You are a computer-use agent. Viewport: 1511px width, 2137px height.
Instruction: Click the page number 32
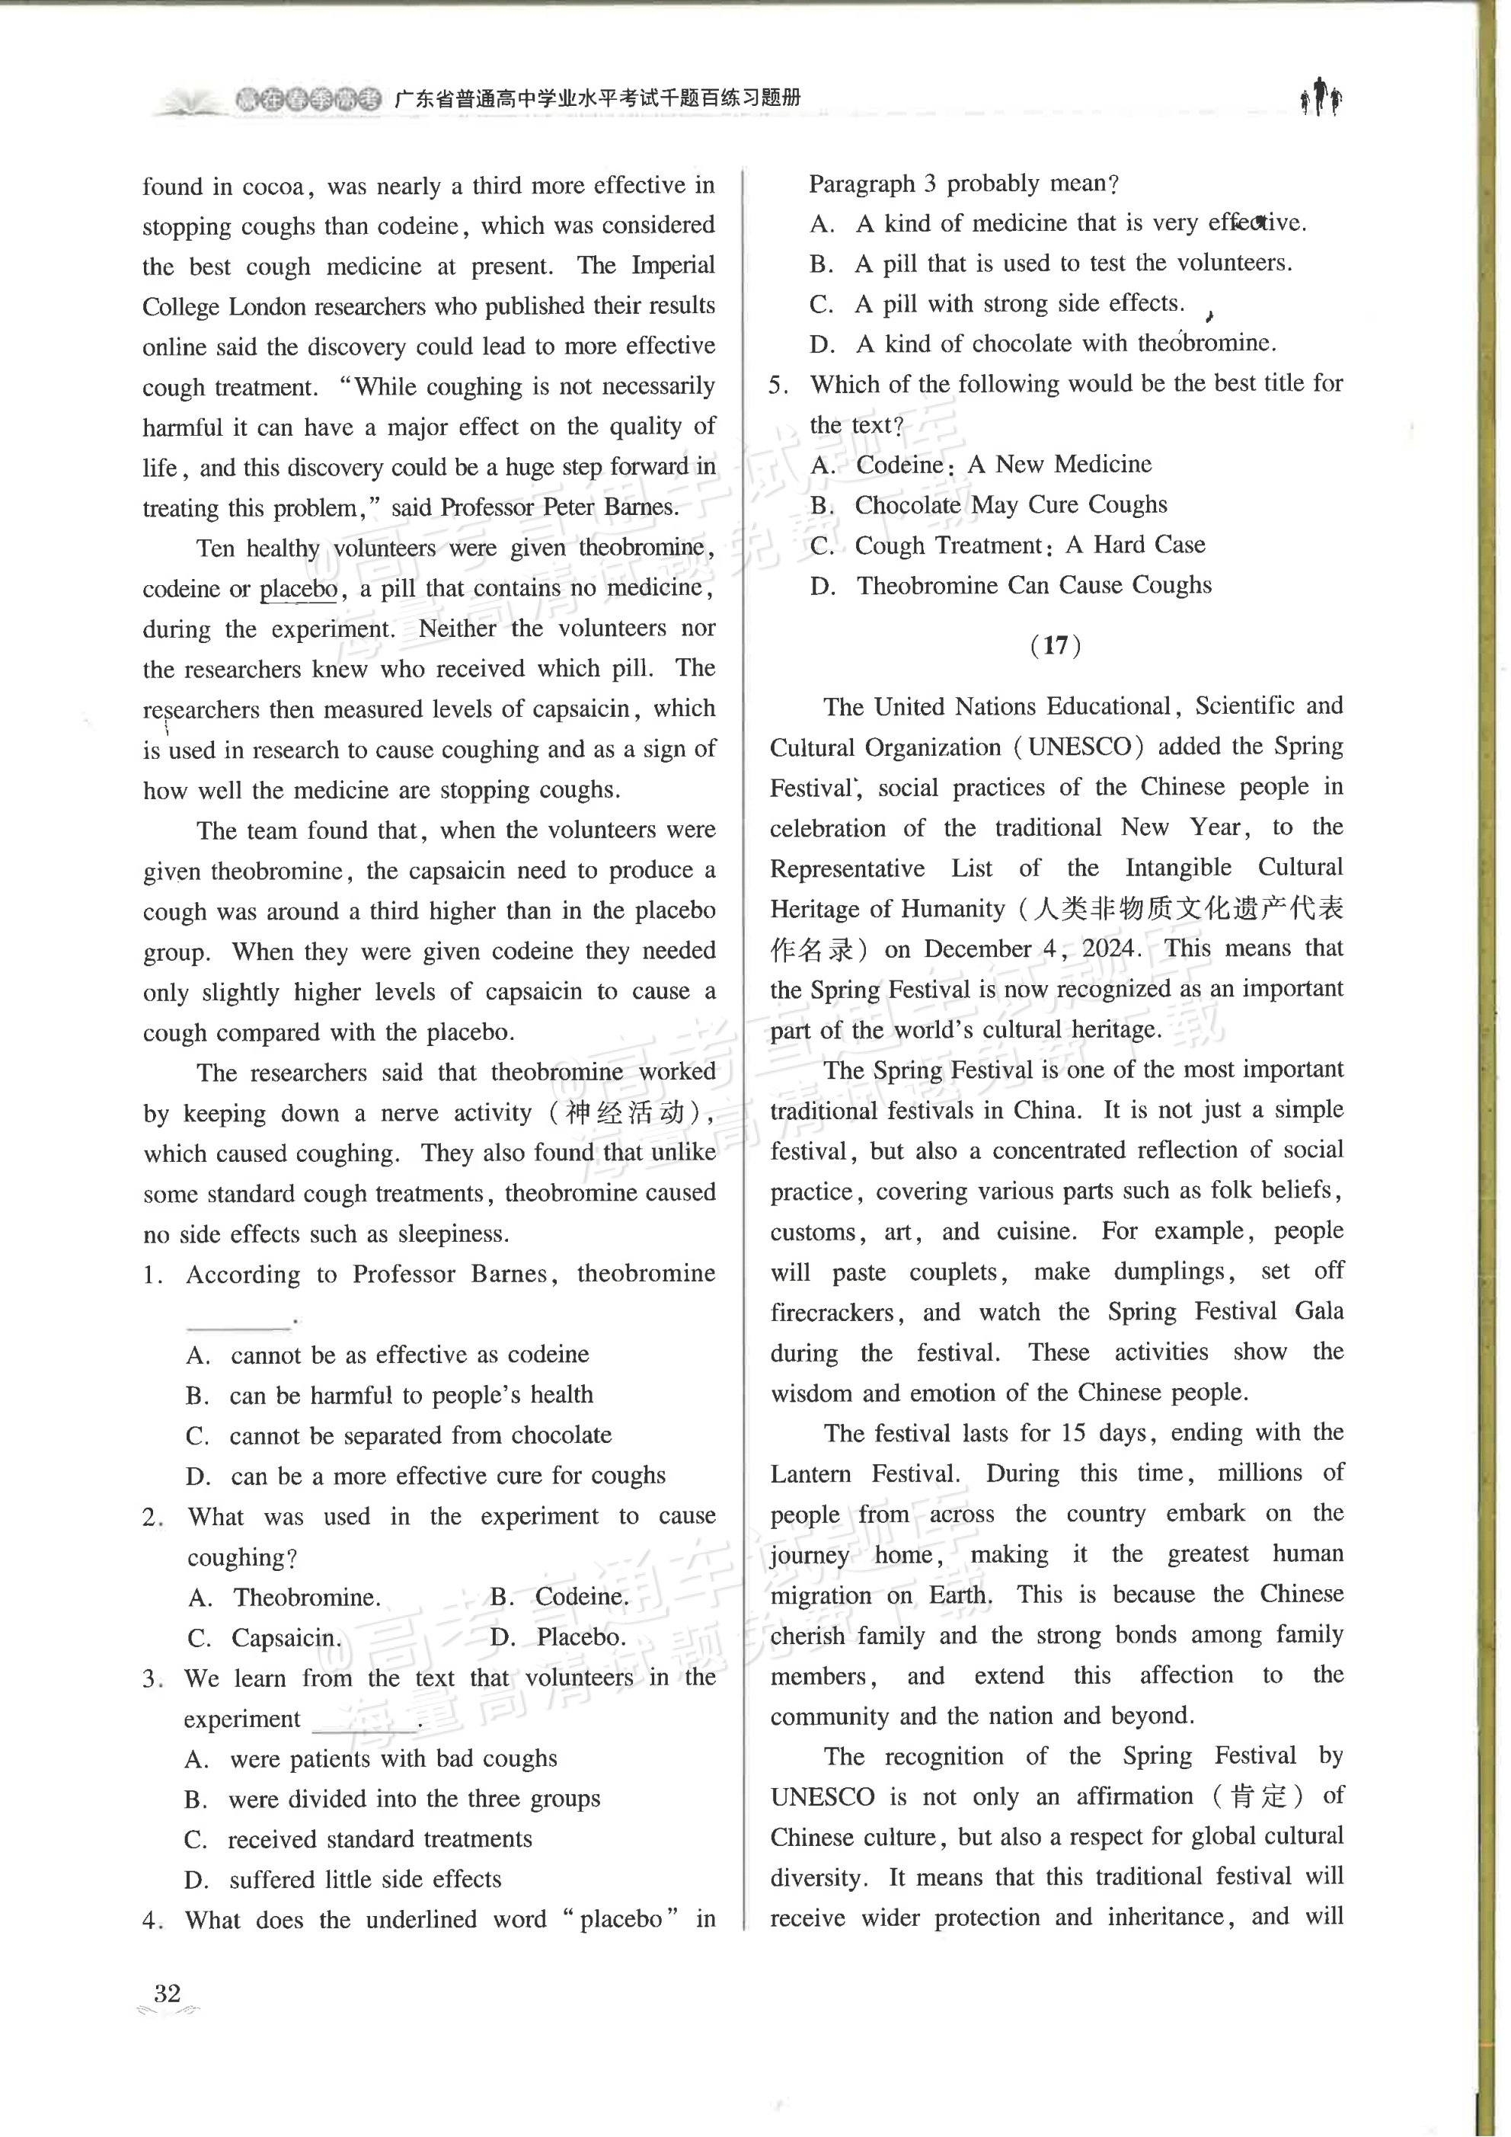pos(168,1994)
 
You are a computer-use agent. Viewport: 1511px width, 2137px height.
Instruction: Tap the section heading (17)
pos(1055,645)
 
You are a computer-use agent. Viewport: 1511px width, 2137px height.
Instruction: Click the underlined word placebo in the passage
pos(299,589)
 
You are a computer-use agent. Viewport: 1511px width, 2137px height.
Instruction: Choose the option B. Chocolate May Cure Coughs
pos(989,504)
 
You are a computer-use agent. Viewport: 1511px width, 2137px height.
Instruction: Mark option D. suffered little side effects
pos(343,1879)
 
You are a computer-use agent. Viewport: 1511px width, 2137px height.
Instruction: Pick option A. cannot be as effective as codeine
pos(388,1355)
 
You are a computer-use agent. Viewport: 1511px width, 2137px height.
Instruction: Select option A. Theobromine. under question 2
pos(285,1597)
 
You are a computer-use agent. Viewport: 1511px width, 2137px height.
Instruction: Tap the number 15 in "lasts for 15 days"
pos(1073,1433)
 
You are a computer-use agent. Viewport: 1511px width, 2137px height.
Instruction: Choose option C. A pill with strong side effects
pos(998,303)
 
